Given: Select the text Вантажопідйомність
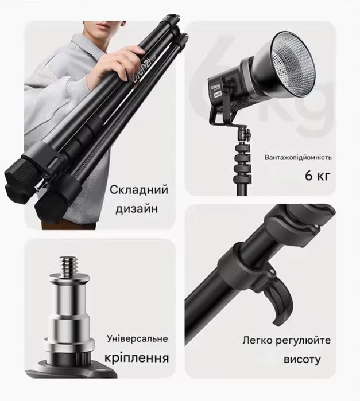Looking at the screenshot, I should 298,157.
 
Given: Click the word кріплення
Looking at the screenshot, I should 137,359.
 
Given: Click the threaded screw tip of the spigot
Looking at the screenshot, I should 68,264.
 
